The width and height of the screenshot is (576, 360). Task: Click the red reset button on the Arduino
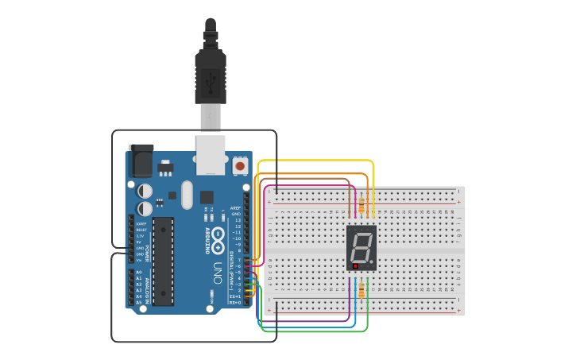[x=240, y=167]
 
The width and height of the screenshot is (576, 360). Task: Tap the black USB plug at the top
[x=211, y=75]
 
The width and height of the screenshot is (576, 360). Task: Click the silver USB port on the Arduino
[x=211, y=154]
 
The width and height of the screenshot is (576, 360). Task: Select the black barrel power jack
[x=141, y=161]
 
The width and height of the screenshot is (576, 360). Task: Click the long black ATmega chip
[x=163, y=261]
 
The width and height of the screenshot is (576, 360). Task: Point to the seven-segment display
[x=361, y=247]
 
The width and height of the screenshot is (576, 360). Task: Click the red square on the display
[x=355, y=266]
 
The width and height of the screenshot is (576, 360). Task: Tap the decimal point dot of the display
[x=371, y=261]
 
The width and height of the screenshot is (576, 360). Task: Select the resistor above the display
[x=362, y=205]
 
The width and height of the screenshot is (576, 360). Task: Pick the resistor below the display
[x=361, y=289]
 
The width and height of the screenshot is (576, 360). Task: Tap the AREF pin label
[x=236, y=208]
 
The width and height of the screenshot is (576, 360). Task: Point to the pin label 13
[x=238, y=220]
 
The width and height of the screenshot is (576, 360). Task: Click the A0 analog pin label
[x=139, y=273]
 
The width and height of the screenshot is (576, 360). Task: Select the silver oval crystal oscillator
[x=187, y=194]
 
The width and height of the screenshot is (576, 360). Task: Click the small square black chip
[x=207, y=196]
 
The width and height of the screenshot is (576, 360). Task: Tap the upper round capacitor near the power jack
[x=146, y=191]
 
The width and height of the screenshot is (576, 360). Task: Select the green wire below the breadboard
[x=318, y=331]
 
